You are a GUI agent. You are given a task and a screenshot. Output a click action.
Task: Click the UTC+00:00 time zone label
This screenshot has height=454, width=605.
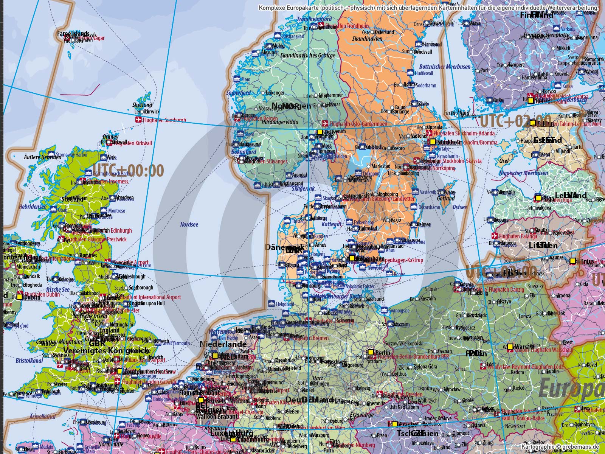coord(128,170)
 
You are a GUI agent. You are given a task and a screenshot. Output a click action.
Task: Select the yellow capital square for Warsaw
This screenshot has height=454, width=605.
coord(510,347)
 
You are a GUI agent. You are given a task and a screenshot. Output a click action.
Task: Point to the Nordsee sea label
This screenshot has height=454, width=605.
coord(189,225)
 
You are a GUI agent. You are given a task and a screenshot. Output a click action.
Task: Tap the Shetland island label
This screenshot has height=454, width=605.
coord(142,105)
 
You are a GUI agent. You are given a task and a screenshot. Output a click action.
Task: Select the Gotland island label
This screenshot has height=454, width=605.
coord(446,198)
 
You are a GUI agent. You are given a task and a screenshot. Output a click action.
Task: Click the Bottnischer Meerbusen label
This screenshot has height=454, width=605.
coord(445,67)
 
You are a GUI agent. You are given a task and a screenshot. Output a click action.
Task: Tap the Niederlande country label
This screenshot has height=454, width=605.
coord(223,344)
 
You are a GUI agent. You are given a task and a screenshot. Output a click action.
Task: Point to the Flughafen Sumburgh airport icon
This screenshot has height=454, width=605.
coord(139,120)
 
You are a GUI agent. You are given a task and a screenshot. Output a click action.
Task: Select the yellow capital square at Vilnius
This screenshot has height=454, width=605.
coord(572,260)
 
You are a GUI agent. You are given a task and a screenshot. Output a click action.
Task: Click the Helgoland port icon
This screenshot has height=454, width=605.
coord(271,303)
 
